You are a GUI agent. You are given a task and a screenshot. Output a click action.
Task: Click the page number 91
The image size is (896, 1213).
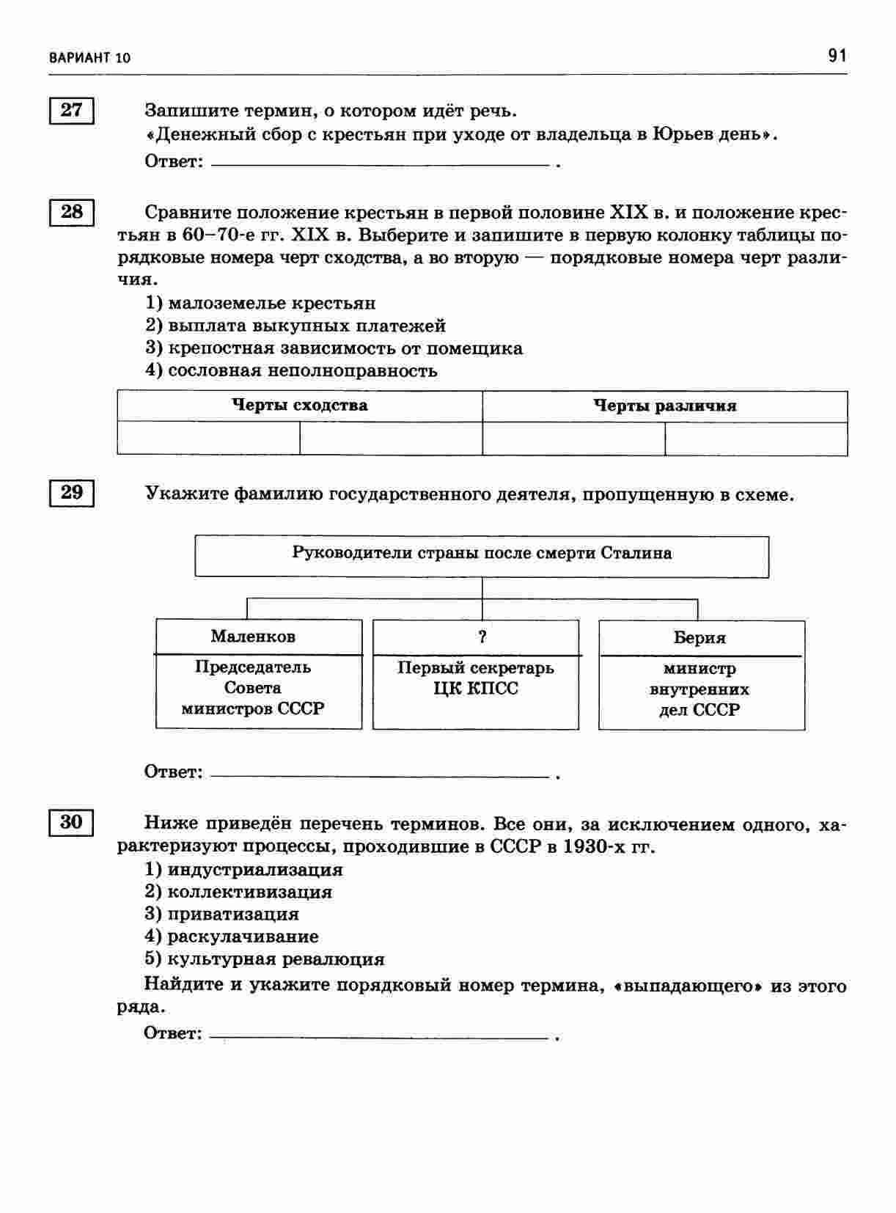(837, 56)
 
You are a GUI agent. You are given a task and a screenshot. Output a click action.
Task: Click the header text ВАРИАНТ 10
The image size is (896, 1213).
(90, 58)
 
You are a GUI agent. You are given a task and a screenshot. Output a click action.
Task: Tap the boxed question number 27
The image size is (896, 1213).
(72, 111)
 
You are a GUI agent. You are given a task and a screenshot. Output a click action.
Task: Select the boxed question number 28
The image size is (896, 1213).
(72, 213)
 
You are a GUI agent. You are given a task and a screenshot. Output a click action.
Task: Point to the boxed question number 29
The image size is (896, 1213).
(72, 493)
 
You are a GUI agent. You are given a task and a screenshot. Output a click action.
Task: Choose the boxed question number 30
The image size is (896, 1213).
(72, 822)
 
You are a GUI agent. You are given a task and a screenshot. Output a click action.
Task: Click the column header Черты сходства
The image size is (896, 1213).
(299, 406)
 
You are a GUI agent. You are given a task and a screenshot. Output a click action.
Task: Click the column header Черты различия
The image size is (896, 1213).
(664, 406)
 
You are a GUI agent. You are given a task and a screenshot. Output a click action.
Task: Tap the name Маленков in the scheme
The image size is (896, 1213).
(253, 637)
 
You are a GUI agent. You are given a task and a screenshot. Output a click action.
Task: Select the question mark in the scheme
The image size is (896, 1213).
(482, 637)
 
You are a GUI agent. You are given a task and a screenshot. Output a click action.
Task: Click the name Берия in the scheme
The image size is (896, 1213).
(699, 638)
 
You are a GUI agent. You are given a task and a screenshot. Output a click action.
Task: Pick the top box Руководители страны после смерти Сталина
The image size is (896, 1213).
(482, 554)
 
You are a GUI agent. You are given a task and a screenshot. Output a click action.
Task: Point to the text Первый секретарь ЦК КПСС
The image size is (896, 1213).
(476, 678)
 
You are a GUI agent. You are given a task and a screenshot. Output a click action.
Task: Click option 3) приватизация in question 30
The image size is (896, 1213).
(222, 915)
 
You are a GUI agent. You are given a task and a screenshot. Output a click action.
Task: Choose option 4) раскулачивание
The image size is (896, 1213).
(232, 937)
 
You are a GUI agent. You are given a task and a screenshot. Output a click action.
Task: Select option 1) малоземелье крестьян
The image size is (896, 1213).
(260, 304)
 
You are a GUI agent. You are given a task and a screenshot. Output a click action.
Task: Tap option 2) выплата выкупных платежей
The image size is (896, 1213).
(295, 326)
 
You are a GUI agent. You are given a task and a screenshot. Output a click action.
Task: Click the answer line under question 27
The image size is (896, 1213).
(380, 164)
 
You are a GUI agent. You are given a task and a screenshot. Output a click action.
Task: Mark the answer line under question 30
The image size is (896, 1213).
(378, 1037)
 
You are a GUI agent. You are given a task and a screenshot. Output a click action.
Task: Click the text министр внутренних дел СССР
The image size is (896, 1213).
(699, 689)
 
